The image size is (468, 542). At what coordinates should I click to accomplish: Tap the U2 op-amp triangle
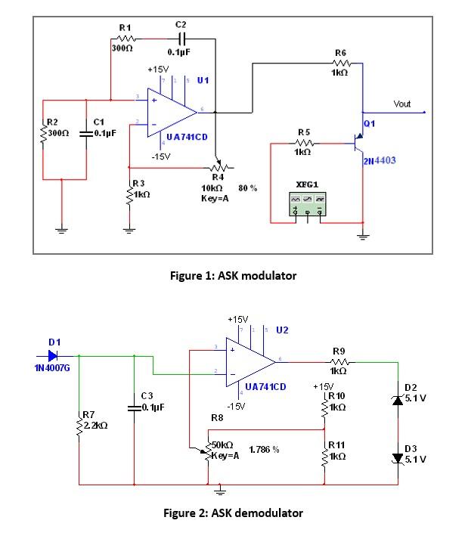tap(249, 362)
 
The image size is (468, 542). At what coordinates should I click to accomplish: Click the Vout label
tap(402, 104)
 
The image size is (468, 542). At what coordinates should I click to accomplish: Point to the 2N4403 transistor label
tap(379, 161)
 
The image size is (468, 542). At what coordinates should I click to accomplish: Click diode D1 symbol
tap(54, 355)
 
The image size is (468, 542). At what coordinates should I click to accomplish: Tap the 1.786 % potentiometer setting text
tap(264, 449)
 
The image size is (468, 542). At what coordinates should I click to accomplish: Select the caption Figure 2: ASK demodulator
tap(234, 513)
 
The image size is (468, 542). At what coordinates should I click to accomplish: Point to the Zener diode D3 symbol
tap(398, 457)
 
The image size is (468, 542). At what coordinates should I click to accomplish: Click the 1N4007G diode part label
tap(51, 370)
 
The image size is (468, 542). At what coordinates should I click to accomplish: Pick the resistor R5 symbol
tap(302, 142)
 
